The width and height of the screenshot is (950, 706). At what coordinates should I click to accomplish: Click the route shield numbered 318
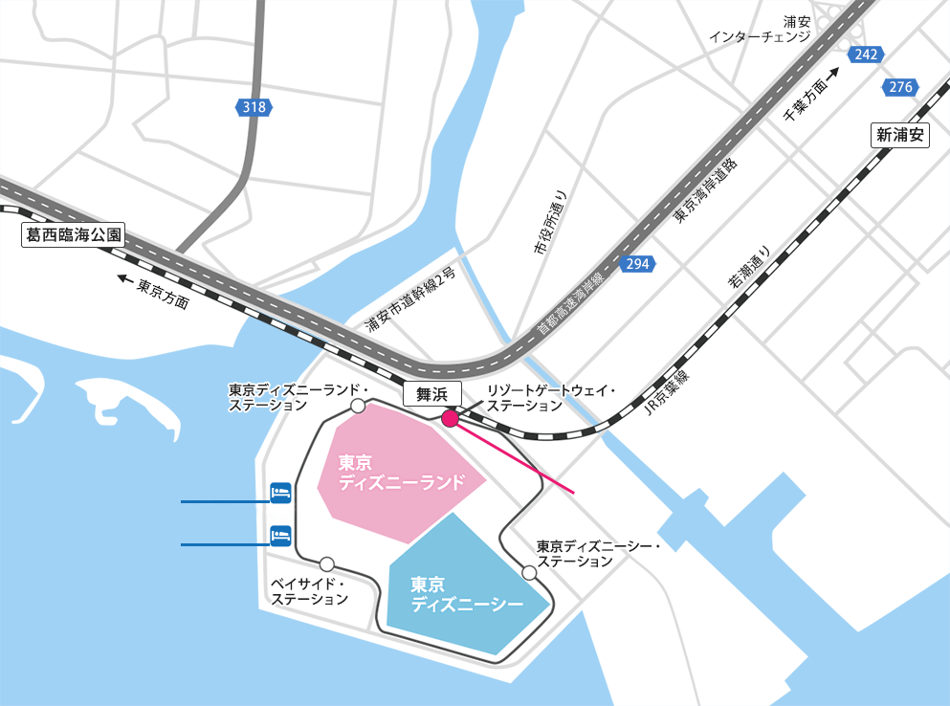(254, 107)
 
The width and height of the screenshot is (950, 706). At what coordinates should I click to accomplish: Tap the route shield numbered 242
(866, 55)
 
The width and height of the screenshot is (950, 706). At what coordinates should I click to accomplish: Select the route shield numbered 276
(900, 87)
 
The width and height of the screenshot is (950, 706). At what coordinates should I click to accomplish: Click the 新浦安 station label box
(900, 135)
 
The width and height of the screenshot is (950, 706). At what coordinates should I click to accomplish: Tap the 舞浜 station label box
(432, 392)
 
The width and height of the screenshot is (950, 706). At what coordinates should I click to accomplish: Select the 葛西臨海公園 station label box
(73, 236)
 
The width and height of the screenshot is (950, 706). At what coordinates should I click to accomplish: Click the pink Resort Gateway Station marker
(449, 417)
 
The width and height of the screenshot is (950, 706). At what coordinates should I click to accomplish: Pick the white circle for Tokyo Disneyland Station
(358, 407)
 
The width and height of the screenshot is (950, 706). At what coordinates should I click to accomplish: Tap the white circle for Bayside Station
(327, 563)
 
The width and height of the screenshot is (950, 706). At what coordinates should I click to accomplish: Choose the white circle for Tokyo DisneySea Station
(529, 572)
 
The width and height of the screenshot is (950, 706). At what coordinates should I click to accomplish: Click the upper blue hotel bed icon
(280, 492)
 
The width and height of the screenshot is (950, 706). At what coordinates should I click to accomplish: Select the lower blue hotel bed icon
(280, 534)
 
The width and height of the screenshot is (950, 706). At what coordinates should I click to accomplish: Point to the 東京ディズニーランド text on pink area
(401, 472)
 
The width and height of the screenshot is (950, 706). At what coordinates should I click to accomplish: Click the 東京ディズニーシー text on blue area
(467, 594)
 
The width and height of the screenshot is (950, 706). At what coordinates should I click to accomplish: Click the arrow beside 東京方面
(124, 280)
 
